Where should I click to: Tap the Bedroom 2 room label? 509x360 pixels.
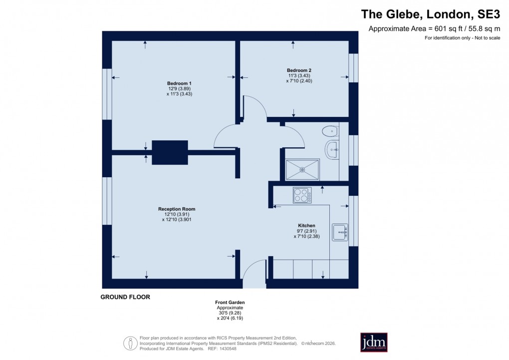pos(299,70)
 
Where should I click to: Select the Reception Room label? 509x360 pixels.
pos(177,209)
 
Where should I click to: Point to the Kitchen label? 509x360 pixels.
pos(307,226)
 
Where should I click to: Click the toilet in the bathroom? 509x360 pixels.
pos(329,131)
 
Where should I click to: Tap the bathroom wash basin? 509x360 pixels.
pos(332,148)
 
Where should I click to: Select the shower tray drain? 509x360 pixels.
pos(302,169)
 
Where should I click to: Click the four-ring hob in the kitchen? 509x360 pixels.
pos(302,195)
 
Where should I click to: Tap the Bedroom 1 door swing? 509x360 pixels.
pos(226,136)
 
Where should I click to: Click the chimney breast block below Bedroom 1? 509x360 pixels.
pos(170,152)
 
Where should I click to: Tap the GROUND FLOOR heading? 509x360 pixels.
pos(125,297)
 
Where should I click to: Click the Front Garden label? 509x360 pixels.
pos(230,303)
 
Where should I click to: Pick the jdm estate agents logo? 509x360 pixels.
pos(374,342)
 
